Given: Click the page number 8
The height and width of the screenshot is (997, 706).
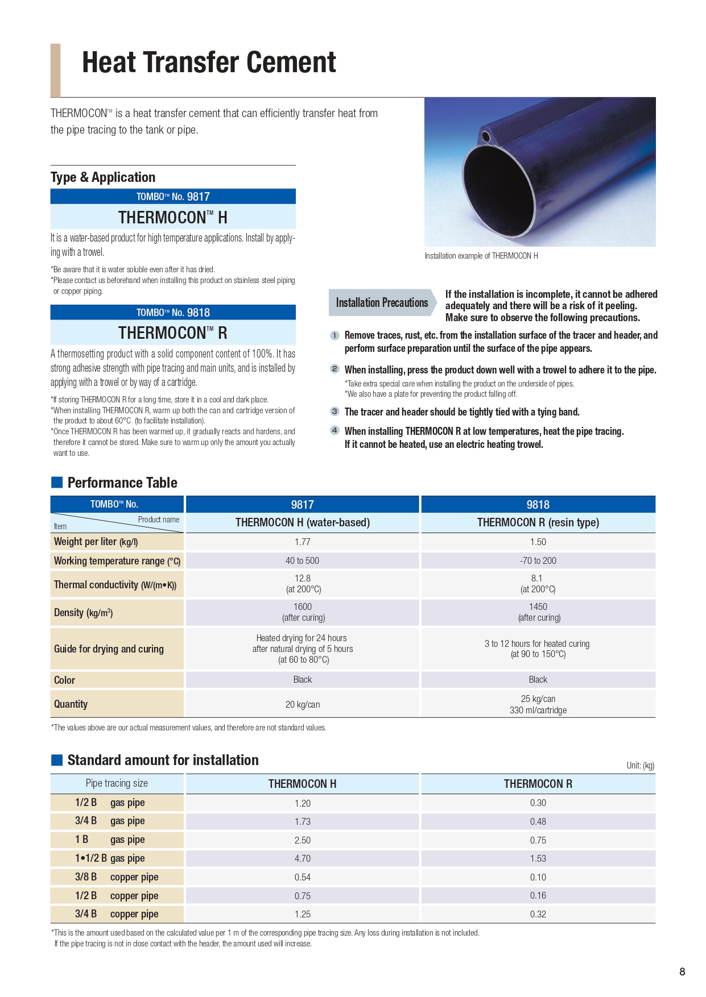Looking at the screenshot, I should (x=682, y=971).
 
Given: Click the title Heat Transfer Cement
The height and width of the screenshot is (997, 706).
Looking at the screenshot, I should (x=209, y=63).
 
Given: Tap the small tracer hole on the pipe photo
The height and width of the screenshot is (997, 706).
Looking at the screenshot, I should (x=486, y=137).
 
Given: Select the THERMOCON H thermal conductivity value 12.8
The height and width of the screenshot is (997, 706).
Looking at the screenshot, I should (x=303, y=579).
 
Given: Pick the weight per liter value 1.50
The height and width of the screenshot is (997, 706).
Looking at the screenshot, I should (x=538, y=542).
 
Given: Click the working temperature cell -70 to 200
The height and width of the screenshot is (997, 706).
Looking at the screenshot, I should (x=538, y=561).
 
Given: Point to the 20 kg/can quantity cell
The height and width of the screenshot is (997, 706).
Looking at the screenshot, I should (x=303, y=705).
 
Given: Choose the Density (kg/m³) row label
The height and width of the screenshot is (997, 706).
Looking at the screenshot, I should (x=84, y=613).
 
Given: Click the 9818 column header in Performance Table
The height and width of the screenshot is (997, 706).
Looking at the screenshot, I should (x=538, y=505).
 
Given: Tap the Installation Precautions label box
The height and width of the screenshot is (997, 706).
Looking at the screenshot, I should (x=382, y=303).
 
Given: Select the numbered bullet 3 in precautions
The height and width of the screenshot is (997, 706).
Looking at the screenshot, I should (x=335, y=412).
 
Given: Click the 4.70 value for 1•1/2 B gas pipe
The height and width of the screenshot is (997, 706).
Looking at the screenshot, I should (x=303, y=859).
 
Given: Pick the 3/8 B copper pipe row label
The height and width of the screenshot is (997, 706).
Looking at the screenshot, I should (x=117, y=877).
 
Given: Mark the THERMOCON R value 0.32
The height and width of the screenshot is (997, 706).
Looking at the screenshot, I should (x=538, y=914).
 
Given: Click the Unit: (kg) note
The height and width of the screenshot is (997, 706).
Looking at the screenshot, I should (x=640, y=766).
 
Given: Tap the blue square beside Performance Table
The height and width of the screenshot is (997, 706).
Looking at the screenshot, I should (x=57, y=483).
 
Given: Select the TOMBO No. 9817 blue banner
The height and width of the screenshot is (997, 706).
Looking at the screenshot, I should (x=173, y=197).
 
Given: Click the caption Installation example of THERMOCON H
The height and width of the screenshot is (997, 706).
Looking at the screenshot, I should (x=481, y=256).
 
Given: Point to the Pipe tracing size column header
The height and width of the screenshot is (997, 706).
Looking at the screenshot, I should (x=117, y=783).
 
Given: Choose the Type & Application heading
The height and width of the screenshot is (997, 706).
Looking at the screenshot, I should (x=103, y=177).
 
